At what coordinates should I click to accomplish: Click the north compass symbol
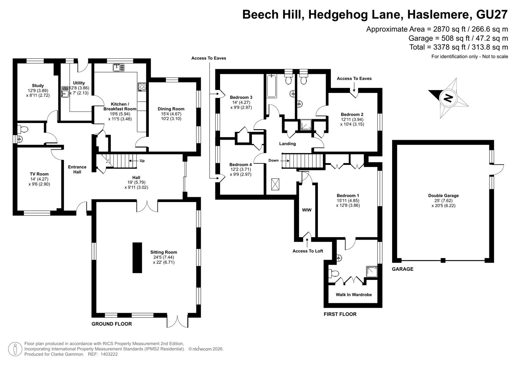(448, 98)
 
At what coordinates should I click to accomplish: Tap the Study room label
(38, 85)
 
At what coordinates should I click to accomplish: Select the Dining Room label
(171, 109)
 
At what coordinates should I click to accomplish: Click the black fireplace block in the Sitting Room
(137, 258)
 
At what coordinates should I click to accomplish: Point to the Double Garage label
(444, 196)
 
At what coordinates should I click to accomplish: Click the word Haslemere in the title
(438, 14)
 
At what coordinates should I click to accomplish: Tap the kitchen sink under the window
(119, 67)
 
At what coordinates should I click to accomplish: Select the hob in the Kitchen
(142, 87)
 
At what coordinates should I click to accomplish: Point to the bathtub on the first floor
(272, 86)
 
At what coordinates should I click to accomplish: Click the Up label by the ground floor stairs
(142, 161)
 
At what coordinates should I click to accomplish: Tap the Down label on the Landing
(274, 160)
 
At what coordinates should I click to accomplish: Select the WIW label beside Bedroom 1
(307, 210)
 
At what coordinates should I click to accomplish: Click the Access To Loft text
(308, 251)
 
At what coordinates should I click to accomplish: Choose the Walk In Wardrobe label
(354, 294)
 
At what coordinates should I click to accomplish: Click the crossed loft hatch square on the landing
(275, 184)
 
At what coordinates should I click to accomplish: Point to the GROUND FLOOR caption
(112, 324)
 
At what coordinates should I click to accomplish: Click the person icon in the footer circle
(15, 349)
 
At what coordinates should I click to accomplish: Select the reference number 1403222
(109, 354)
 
